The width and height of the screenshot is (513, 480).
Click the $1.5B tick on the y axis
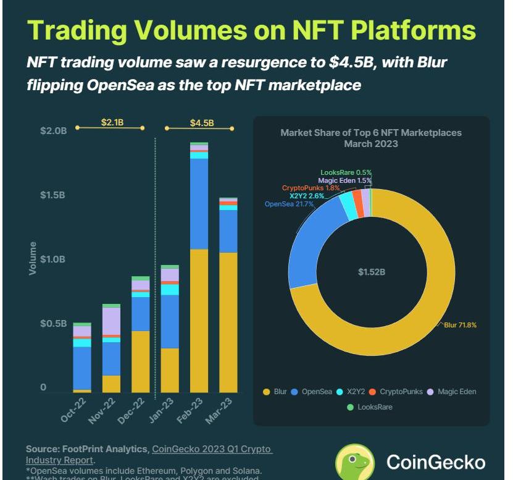(x=52, y=195)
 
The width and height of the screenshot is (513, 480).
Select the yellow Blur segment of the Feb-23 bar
(x=199, y=321)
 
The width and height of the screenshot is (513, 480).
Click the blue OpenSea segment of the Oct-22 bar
(x=82, y=368)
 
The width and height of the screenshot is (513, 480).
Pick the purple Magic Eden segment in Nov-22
(x=111, y=321)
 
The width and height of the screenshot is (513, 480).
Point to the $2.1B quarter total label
(x=112, y=122)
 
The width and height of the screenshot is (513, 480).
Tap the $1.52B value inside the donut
(x=372, y=271)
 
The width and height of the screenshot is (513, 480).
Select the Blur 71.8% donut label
(x=460, y=324)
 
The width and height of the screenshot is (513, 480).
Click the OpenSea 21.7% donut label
(x=288, y=203)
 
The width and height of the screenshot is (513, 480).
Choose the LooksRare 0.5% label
(x=346, y=172)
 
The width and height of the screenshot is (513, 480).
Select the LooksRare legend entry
(x=370, y=407)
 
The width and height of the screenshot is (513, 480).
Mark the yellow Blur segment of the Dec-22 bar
(x=141, y=361)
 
